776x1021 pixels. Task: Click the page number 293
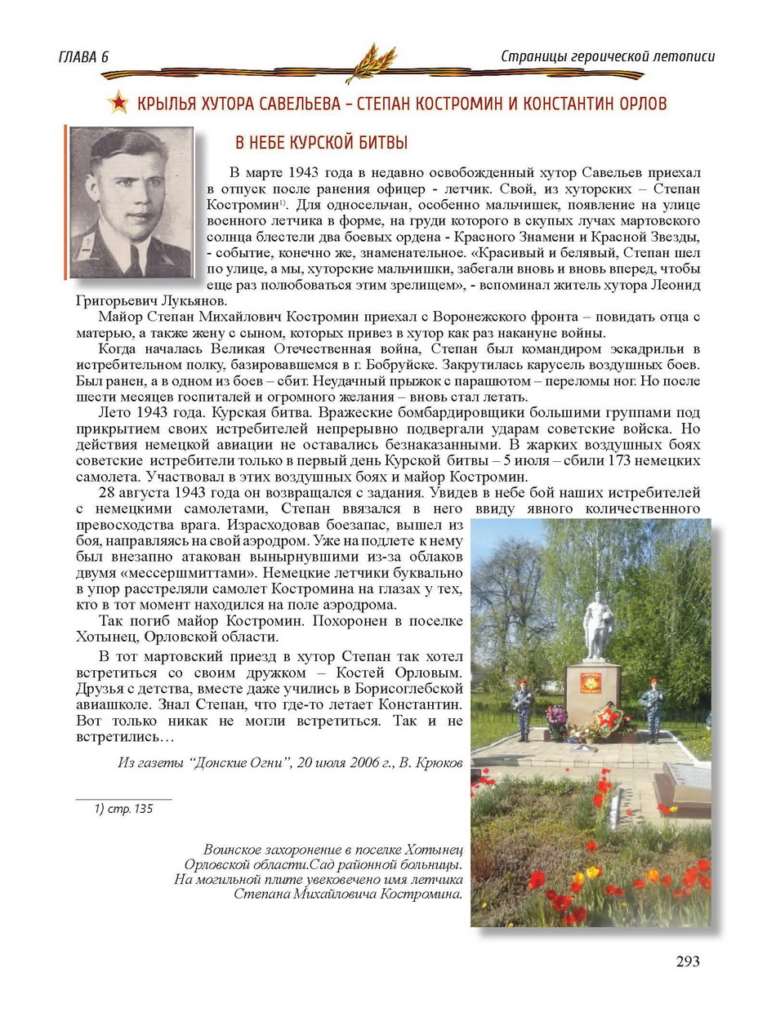pyautogui.click(x=688, y=961)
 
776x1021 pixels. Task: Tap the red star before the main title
pyautogui.click(x=118, y=103)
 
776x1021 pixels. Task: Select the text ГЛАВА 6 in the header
pyautogui.click(x=84, y=57)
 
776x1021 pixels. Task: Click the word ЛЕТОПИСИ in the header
pyautogui.click(x=680, y=56)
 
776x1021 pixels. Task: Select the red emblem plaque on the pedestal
pyautogui.click(x=591, y=683)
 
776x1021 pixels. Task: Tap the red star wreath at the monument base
pyautogui.click(x=608, y=720)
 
